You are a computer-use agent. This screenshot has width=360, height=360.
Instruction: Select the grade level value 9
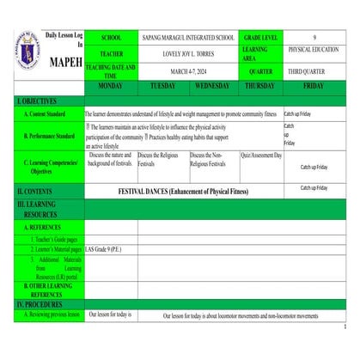(x=314, y=39)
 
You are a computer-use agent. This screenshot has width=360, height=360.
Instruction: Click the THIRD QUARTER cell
(x=314, y=71)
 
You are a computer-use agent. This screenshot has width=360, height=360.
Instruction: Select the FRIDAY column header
(x=314, y=87)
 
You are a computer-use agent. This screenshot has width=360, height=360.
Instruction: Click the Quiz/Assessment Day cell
(x=261, y=156)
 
